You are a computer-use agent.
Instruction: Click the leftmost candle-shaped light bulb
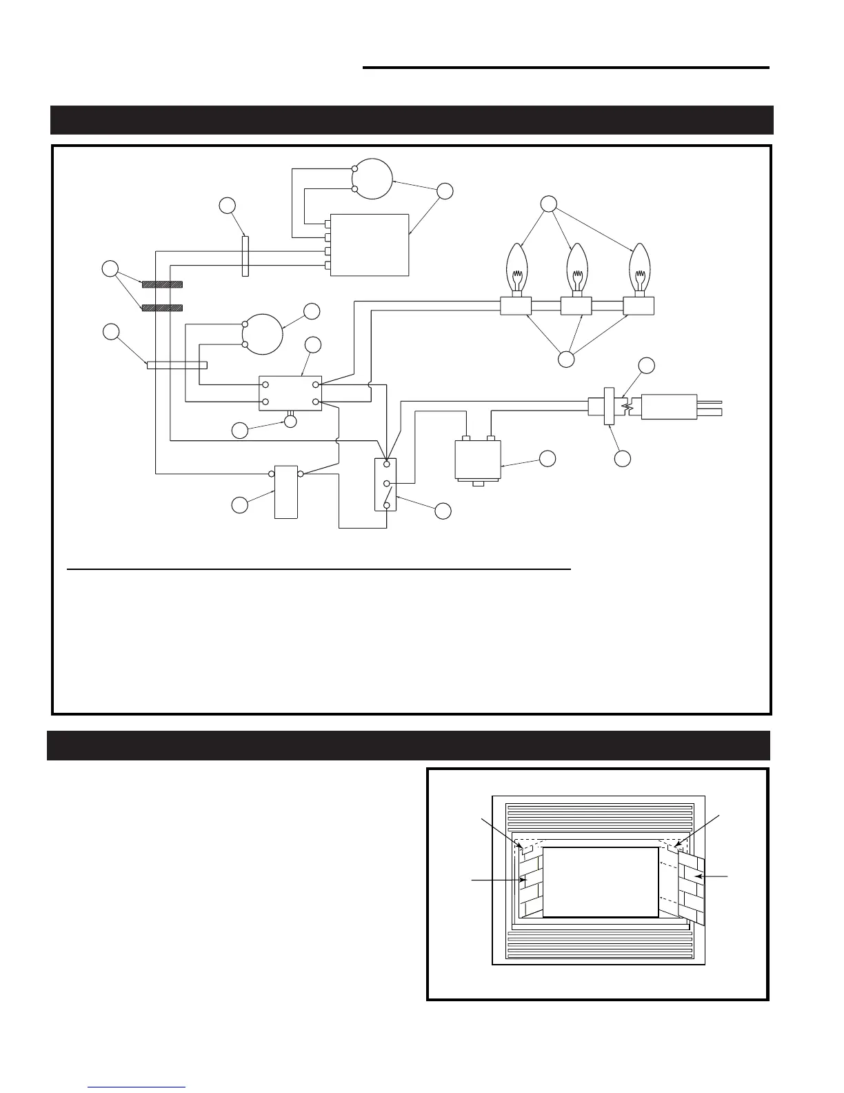(516, 268)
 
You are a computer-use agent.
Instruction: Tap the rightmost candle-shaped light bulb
(640, 268)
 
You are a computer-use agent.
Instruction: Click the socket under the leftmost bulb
(516, 306)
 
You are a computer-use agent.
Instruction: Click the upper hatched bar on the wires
(162, 284)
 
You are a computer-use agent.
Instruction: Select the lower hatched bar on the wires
(162, 308)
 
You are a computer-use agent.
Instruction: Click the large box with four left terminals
(370, 245)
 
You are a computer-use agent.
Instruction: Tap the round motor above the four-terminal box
(372, 179)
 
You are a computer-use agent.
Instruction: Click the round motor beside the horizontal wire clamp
(263, 334)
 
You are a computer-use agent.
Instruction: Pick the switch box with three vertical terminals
(385, 484)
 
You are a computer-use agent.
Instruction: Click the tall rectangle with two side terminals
(286, 492)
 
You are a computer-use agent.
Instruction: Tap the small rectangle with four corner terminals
(290, 393)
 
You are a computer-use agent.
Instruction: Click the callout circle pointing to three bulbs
(548, 204)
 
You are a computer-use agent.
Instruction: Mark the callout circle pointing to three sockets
(566, 359)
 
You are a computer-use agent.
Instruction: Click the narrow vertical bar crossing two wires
(245, 256)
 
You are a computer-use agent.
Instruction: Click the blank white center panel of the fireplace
(601, 882)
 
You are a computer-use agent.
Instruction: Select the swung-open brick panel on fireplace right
(692, 887)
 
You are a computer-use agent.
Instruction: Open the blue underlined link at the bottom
(137, 1087)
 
